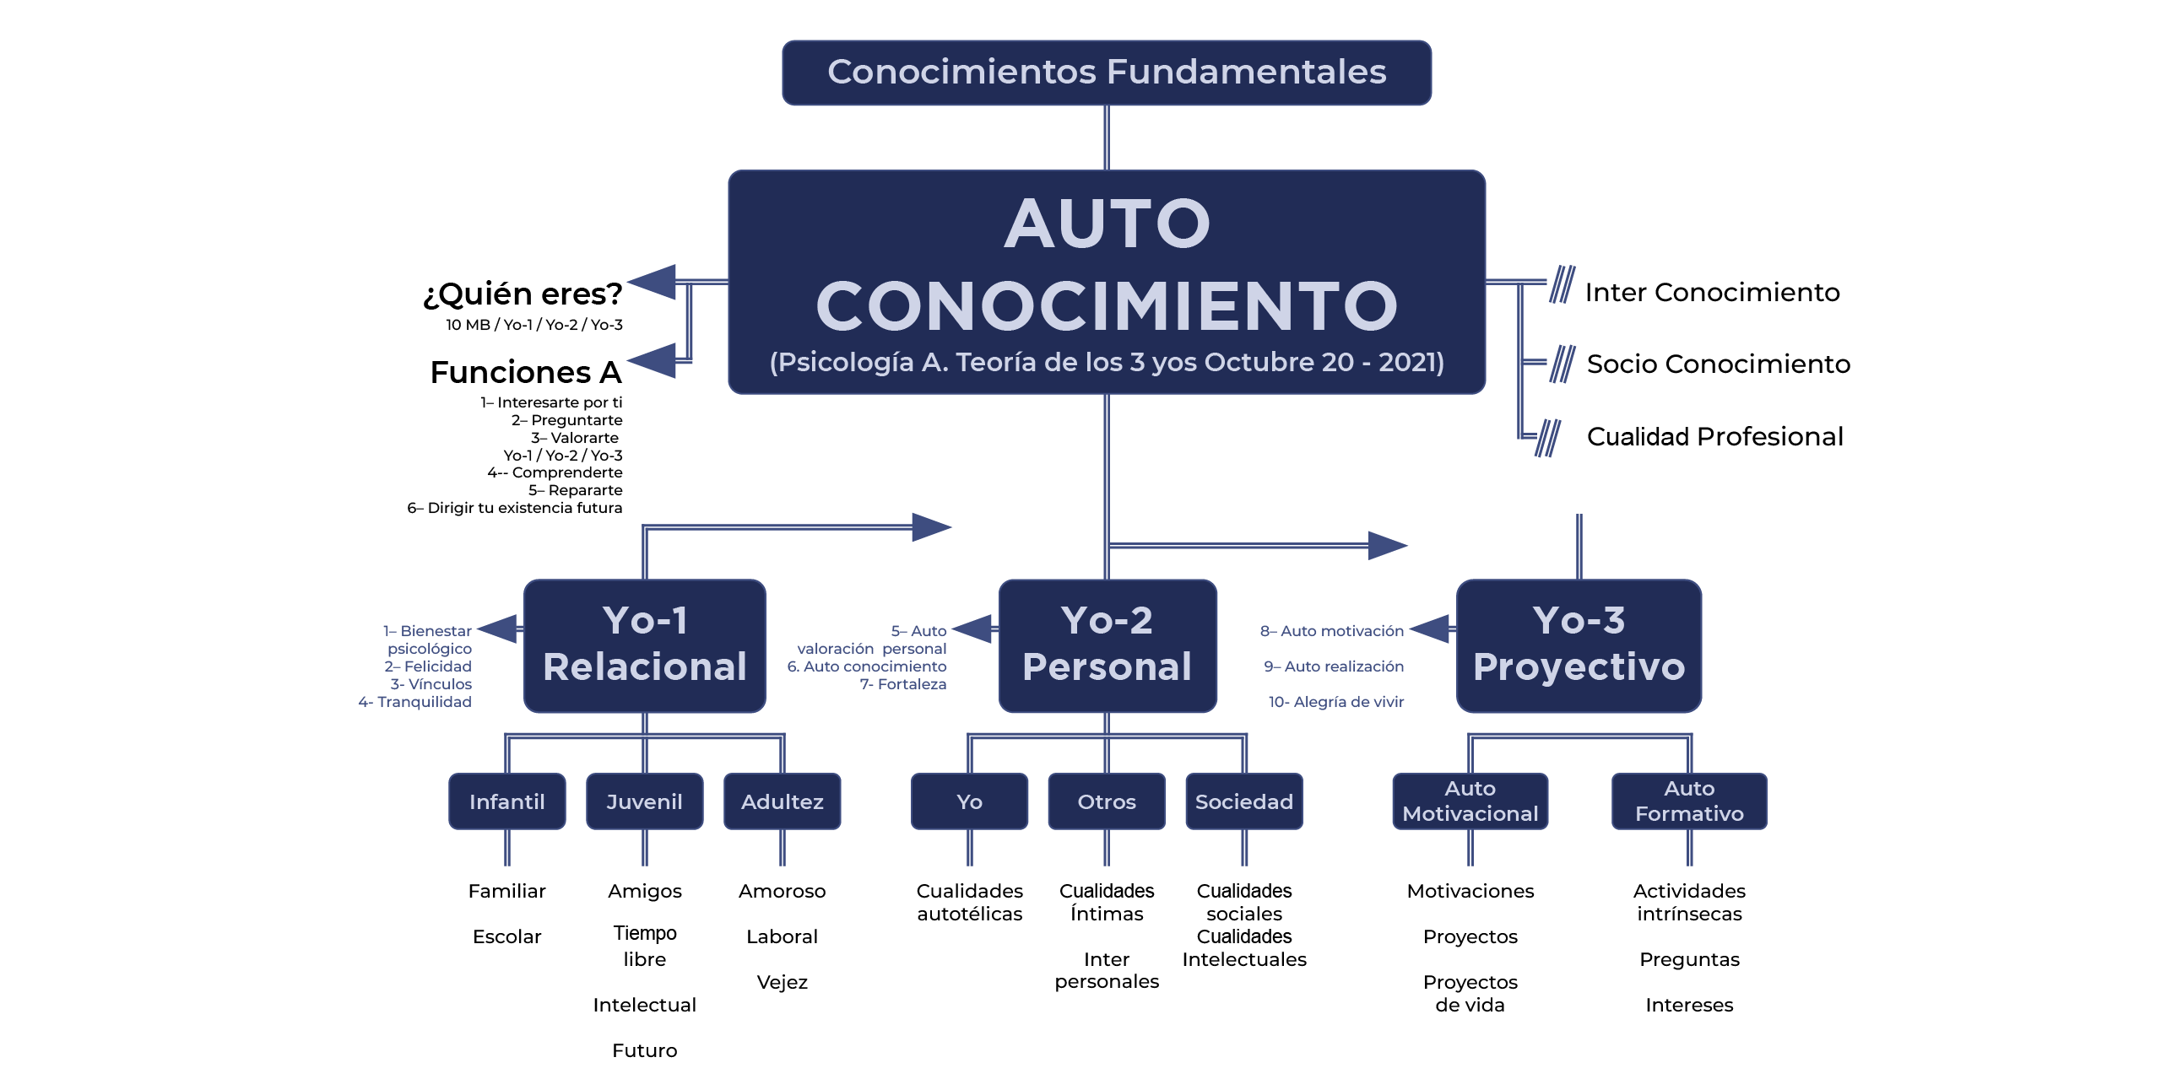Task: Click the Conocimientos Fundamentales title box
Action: pyautogui.click(x=1106, y=73)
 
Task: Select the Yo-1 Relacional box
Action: pyautogui.click(x=644, y=645)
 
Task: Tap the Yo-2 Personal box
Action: pyautogui.click(x=1107, y=645)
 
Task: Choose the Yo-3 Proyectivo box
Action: pyautogui.click(x=1579, y=645)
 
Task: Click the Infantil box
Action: pyautogui.click(x=506, y=801)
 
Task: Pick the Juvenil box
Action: pyautogui.click(x=644, y=801)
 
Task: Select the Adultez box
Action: pyautogui.click(x=782, y=801)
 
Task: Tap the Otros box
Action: pyautogui.click(x=1106, y=801)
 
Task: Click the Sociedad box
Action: pyautogui.click(x=1243, y=801)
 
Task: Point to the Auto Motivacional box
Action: pyautogui.click(x=1470, y=801)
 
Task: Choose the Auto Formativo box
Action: pyautogui.click(x=1689, y=801)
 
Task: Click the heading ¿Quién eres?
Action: pyautogui.click(x=523, y=294)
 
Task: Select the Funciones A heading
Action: pyautogui.click(x=526, y=372)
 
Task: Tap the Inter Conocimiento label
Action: pyautogui.click(x=1712, y=292)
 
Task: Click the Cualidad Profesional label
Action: pyautogui.click(x=1714, y=436)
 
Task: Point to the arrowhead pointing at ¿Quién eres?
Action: pyautogui.click(x=653, y=282)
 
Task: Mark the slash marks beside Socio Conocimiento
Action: pyautogui.click(x=1562, y=364)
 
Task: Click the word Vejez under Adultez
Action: pyautogui.click(x=782, y=982)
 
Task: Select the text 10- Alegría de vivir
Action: pyautogui.click(x=1336, y=702)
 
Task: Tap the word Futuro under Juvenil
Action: pyautogui.click(x=644, y=1050)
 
